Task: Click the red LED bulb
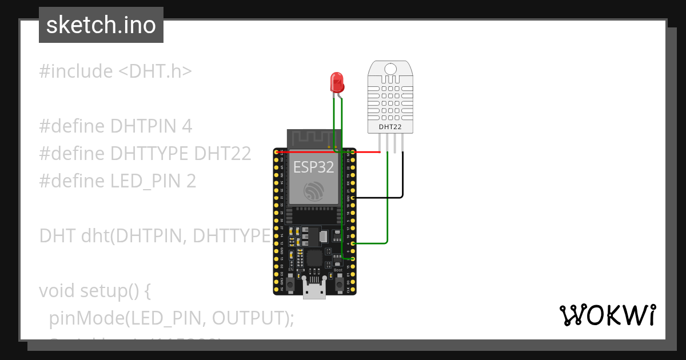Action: [337, 82]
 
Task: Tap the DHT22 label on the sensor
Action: [390, 126]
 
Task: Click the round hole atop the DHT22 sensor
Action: [390, 69]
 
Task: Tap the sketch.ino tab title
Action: [101, 25]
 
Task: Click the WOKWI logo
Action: [607, 315]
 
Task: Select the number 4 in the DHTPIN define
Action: [186, 126]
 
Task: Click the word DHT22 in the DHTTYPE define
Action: [222, 154]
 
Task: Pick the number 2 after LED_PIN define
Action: [191, 181]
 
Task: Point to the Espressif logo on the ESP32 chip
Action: [314, 191]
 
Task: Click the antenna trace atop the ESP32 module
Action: [314, 138]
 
